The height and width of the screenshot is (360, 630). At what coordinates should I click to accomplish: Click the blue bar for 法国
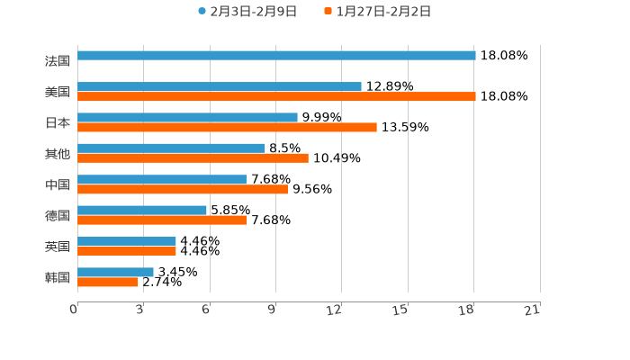click(276, 56)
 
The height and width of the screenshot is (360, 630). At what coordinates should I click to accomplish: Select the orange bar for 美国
click(276, 96)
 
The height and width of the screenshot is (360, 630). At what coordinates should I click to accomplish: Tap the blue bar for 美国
click(220, 86)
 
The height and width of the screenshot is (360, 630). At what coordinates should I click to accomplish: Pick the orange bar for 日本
click(227, 127)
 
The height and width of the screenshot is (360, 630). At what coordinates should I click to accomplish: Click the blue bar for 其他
click(171, 148)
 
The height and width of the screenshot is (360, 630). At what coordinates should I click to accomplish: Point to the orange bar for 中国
click(183, 189)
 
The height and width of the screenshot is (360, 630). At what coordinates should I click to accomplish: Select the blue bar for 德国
click(142, 210)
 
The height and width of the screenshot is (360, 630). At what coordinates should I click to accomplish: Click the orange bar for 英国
click(127, 251)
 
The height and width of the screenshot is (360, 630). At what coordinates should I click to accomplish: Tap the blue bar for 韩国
click(115, 272)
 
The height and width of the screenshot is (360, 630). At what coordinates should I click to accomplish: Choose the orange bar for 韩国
click(108, 282)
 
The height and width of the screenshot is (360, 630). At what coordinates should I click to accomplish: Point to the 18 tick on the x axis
click(466, 310)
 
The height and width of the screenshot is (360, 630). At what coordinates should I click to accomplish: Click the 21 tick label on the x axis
click(533, 310)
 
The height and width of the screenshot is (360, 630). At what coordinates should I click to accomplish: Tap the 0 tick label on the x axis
click(74, 310)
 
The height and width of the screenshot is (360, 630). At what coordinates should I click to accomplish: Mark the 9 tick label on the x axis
click(272, 310)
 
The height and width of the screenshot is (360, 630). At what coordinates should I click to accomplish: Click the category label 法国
click(57, 61)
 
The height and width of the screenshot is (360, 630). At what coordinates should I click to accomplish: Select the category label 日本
click(57, 122)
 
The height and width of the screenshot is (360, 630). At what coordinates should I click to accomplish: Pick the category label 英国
click(57, 247)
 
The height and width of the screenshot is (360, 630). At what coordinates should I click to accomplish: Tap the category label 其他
click(57, 153)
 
